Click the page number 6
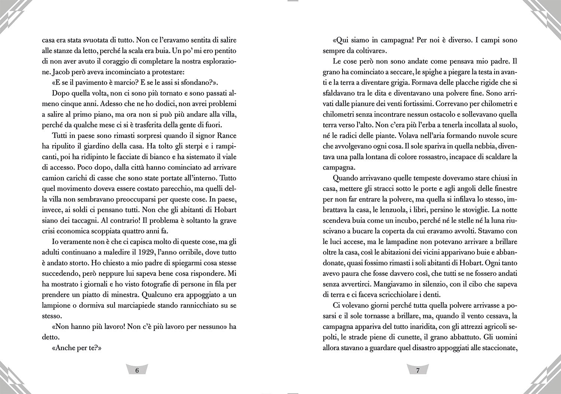click(137, 370)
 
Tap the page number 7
click(418, 370)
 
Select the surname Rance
click(227, 136)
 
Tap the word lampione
click(55, 305)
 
